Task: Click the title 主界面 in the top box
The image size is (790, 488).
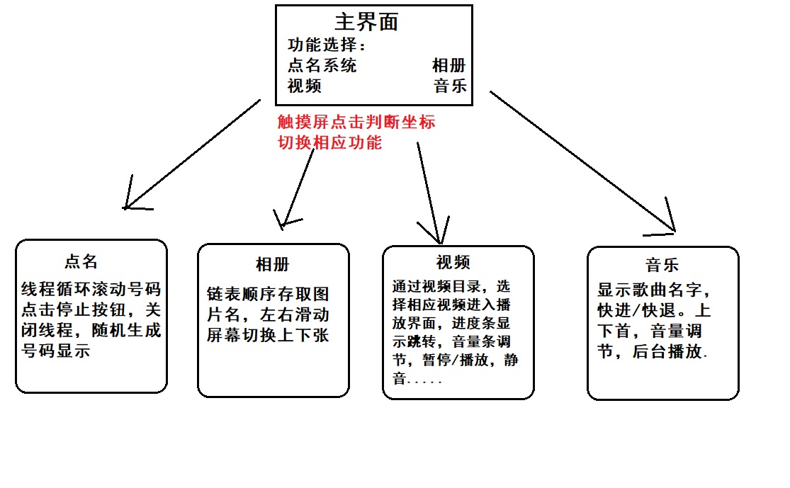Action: (x=366, y=21)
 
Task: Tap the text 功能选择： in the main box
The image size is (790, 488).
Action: (x=328, y=45)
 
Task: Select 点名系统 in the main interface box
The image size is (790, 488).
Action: (x=322, y=66)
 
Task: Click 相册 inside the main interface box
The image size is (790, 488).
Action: (x=449, y=66)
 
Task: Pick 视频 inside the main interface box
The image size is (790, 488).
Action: (x=305, y=86)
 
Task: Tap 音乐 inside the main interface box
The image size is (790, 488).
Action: (x=451, y=86)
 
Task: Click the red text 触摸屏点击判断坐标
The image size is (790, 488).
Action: (x=356, y=122)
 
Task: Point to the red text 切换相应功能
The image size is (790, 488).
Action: (x=329, y=142)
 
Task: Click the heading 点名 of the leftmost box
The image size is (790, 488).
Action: (x=81, y=261)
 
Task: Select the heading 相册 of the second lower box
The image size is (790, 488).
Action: (x=272, y=265)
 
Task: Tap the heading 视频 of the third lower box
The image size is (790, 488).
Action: (x=453, y=263)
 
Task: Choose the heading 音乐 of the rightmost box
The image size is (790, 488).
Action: (x=662, y=265)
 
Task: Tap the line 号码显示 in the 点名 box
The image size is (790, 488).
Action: (x=56, y=351)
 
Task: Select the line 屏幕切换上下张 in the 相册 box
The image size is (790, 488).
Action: (x=268, y=336)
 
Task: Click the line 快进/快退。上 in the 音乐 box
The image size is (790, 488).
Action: (x=654, y=311)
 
